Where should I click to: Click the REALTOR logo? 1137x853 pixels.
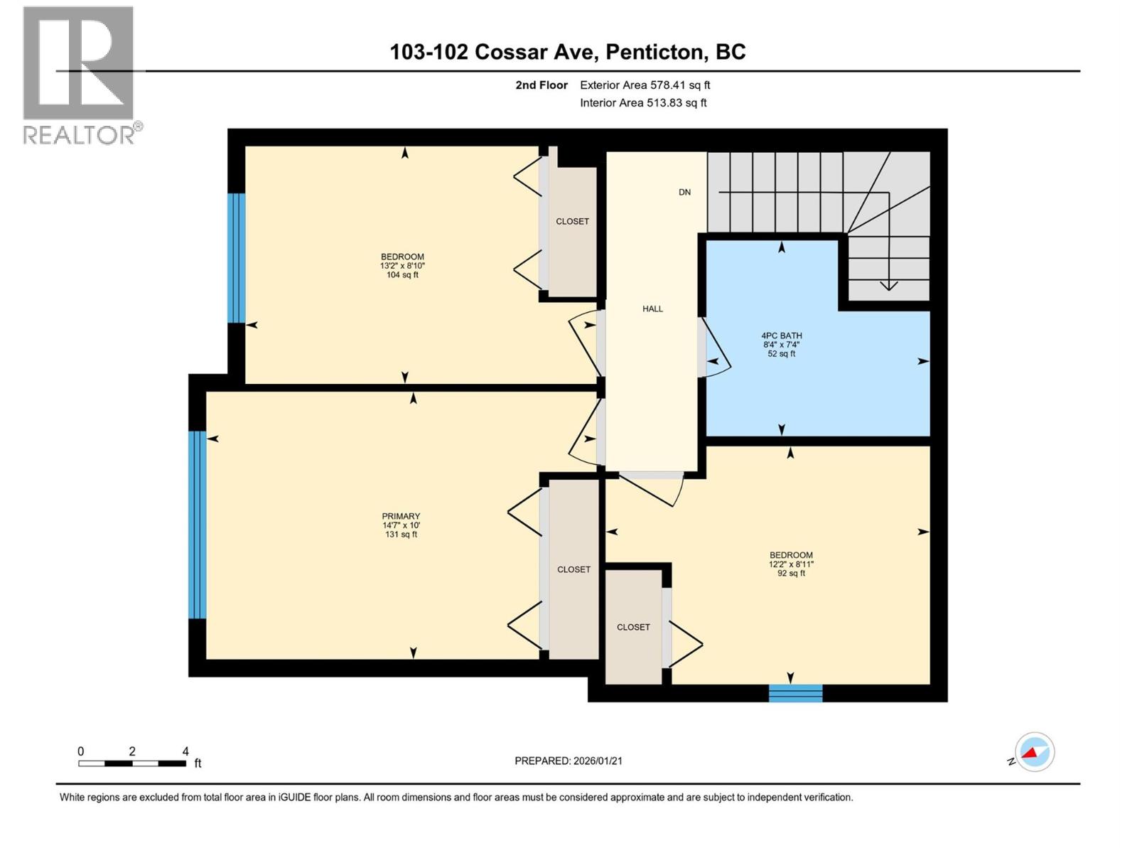point(79,75)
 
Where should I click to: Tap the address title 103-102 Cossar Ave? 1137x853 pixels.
point(568,52)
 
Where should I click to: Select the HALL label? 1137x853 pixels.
point(652,309)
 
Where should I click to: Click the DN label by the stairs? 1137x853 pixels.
point(684,192)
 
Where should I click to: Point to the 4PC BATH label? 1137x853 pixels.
point(781,336)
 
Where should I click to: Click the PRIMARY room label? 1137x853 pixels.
point(401,516)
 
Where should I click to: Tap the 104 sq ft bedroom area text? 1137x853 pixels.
point(402,275)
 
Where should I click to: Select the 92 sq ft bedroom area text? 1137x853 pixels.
point(791,573)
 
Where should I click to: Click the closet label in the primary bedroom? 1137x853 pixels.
point(573,569)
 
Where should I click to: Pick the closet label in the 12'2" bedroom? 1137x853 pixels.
point(633,627)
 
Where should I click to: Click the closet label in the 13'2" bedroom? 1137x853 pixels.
point(572,221)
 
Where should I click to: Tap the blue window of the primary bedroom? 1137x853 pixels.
point(198,525)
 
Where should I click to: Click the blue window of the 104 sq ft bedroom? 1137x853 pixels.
point(236,257)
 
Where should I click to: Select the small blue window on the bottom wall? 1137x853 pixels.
point(795,693)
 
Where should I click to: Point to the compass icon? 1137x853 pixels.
point(1034,752)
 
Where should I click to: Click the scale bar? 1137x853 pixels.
point(132,763)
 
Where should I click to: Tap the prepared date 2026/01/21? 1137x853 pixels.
point(568,761)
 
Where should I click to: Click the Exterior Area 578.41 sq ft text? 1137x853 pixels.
point(645,85)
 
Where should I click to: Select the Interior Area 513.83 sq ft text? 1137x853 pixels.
point(643,103)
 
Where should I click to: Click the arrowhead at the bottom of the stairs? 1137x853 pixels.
point(888,286)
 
